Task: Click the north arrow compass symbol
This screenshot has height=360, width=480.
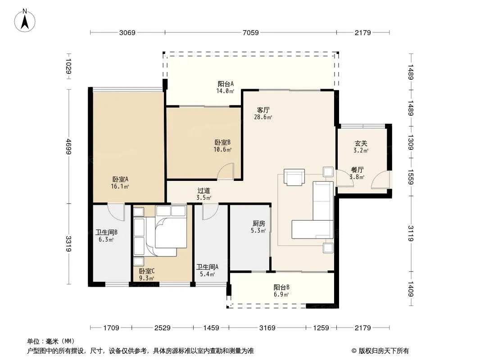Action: pos(25,21)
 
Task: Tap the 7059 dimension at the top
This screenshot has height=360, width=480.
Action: pos(251,32)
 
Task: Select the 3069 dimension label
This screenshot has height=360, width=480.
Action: pos(127,32)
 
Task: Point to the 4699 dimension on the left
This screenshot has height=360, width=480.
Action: pos(68,147)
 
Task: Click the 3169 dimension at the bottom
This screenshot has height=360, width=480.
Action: pos(267,328)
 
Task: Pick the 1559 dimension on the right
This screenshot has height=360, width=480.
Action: pos(411,177)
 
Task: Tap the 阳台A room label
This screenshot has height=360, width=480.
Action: pos(226,84)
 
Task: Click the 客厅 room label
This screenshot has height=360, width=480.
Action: pos(263,110)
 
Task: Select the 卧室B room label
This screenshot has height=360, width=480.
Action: pos(222,143)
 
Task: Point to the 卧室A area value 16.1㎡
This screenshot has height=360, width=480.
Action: pos(120,186)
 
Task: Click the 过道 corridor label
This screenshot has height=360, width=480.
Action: pos(204,191)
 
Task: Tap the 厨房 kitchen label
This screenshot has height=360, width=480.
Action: pos(258,224)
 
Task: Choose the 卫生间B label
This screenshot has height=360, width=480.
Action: pos(106,233)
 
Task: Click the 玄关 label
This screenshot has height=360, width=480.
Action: pos(361,143)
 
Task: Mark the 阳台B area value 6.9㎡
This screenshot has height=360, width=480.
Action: pos(281,295)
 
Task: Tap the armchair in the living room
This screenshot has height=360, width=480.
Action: pos(294,177)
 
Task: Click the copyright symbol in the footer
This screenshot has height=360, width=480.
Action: pos(354,351)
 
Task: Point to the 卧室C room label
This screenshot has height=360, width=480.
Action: pos(147,271)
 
